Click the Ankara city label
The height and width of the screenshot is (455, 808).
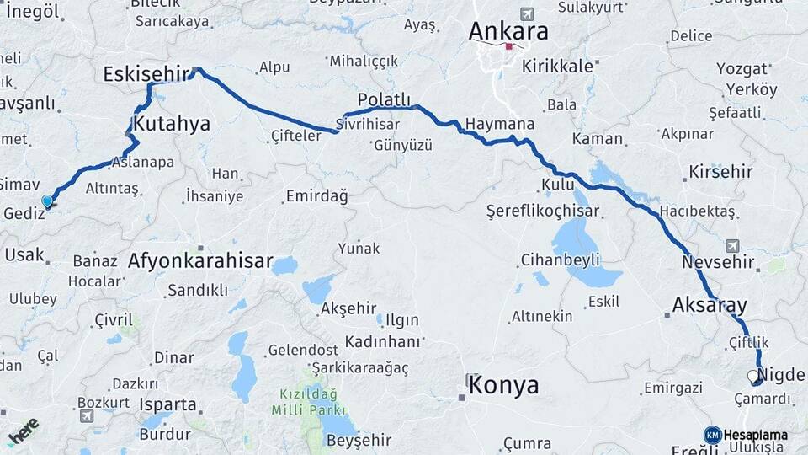[508, 32]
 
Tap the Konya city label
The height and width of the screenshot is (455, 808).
[503, 386]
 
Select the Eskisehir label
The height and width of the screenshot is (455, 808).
[146, 75]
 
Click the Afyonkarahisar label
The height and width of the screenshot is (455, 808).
[200, 261]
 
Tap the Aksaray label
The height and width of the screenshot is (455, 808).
[710, 305]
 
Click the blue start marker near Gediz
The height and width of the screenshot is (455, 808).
[47, 201]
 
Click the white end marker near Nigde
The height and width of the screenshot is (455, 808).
[753, 376]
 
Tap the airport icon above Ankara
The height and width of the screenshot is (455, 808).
[527, 13]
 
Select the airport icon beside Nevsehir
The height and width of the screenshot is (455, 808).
[731, 245]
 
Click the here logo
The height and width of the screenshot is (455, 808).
[23, 431]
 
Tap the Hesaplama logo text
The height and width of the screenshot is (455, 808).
[755, 435]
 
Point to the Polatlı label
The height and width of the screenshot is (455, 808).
[384, 99]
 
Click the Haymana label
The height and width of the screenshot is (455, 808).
[500, 124]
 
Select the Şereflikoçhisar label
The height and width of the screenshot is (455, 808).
[543, 211]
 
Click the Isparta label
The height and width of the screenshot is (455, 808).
[167, 404]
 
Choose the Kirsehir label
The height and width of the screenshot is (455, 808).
[720, 172]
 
